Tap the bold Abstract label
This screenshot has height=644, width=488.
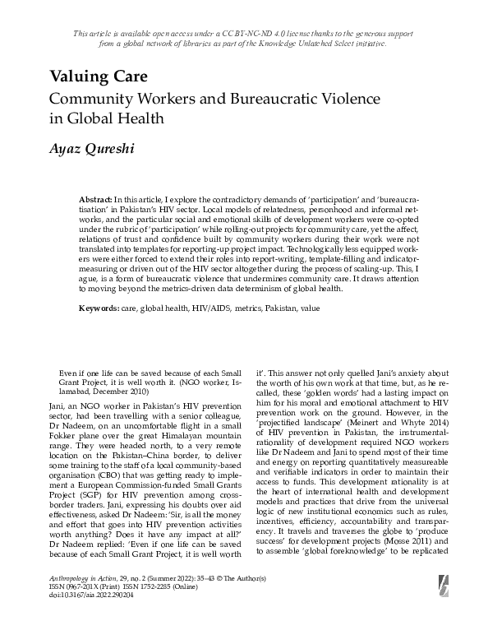click(96, 201)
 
